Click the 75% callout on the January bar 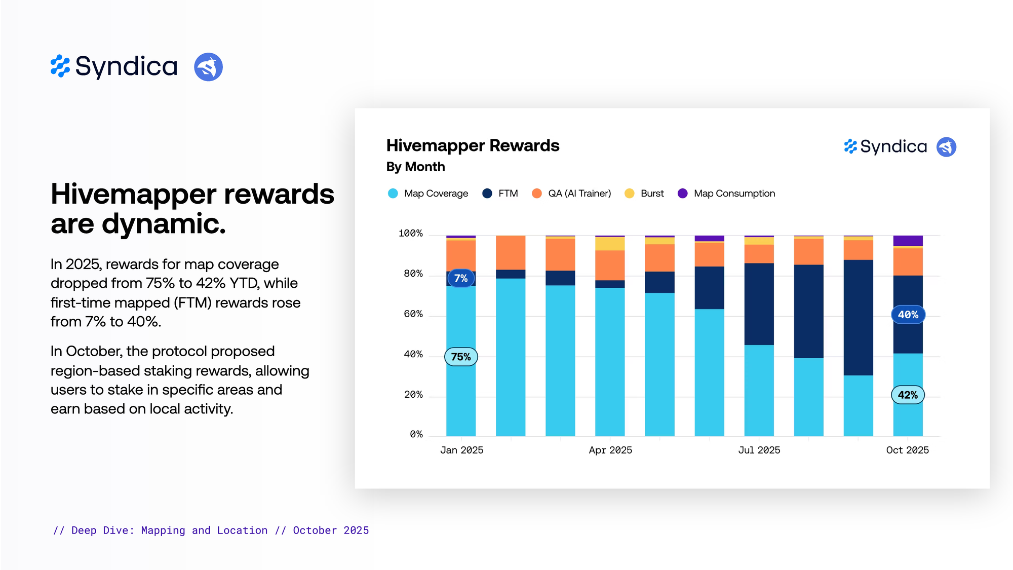coord(461,357)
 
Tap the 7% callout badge coord(461,278)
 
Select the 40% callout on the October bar coord(908,315)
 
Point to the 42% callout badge coord(908,395)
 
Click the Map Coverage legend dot coord(393,194)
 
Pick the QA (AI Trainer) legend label coord(579,194)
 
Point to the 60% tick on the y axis coord(413,314)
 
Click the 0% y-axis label coord(416,434)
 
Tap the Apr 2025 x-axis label coord(610,450)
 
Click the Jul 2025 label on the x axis coord(759,450)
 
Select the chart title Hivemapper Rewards coord(473,146)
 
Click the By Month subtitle coord(415,167)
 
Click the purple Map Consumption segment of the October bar coord(908,241)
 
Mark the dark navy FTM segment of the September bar coord(858,317)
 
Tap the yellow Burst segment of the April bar coord(610,244)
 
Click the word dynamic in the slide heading coord(163,224)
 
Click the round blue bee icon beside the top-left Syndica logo coord(208,67)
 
